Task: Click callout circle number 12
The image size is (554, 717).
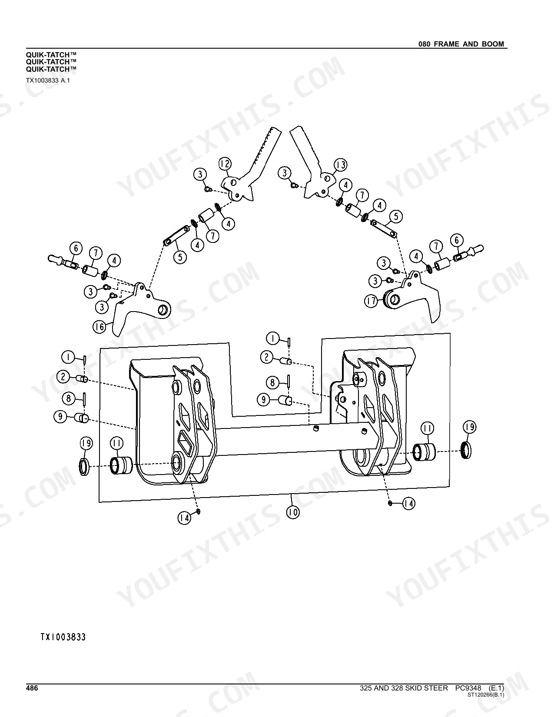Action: click(x=225, y=164)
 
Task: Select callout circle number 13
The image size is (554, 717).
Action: click(x=341, y=165)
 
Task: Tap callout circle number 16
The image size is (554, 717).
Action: click(x=100, y=327)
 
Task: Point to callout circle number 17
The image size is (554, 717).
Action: click(x=371, y=301)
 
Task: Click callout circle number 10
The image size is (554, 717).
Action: click(x=293, y=512)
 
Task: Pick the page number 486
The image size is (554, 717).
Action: click(x=32, y=688)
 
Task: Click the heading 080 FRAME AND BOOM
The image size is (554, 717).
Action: click(x=461, y=44)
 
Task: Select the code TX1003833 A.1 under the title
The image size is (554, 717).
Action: click(x=48, y=80)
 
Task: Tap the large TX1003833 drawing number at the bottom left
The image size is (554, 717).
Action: click(x=63, y=637)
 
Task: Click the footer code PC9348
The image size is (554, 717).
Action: click(x=468, y=688)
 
